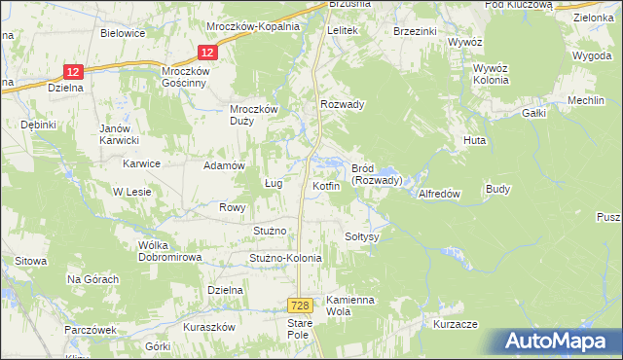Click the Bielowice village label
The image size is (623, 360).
(123, 32)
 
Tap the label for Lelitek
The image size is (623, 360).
(344, 31)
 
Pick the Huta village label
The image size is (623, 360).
(474, 140)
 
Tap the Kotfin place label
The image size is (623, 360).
(326, 186)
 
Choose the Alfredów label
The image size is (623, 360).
(438, 194)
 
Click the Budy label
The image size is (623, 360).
(497, 189)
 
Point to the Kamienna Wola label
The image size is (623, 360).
(350, 306)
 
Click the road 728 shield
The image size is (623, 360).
(301, 305)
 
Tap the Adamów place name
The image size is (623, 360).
(222, 165)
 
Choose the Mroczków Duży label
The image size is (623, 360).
(254, 115)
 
